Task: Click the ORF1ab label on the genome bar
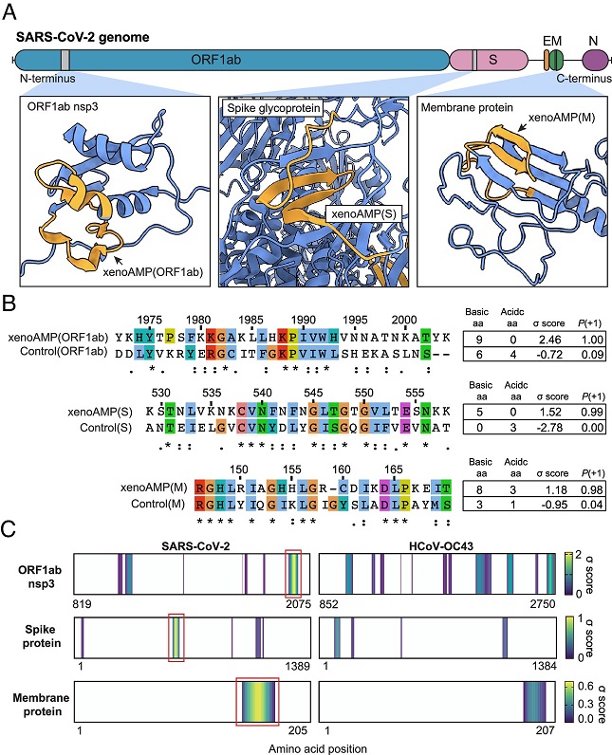coord(215,60)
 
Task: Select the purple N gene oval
coord(595,61)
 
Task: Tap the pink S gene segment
coord(489,60)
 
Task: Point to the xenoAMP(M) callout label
coord(562,118)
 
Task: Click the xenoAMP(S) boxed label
coord(363,213)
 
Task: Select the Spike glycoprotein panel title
coord(273,108)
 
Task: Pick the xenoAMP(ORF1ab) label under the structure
coord(153,272)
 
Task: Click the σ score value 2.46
coord(550,340)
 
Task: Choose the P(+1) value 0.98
coord(591,489)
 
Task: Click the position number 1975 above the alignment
coord(149,321)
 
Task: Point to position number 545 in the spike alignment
coord(313,393)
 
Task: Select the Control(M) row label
coord(158,505)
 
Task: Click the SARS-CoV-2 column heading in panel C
coord(195,546)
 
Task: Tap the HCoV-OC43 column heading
coord(441,546)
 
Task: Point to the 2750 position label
coord(543,604)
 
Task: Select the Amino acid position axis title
coord(318,748)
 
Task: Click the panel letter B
coord(9,304)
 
